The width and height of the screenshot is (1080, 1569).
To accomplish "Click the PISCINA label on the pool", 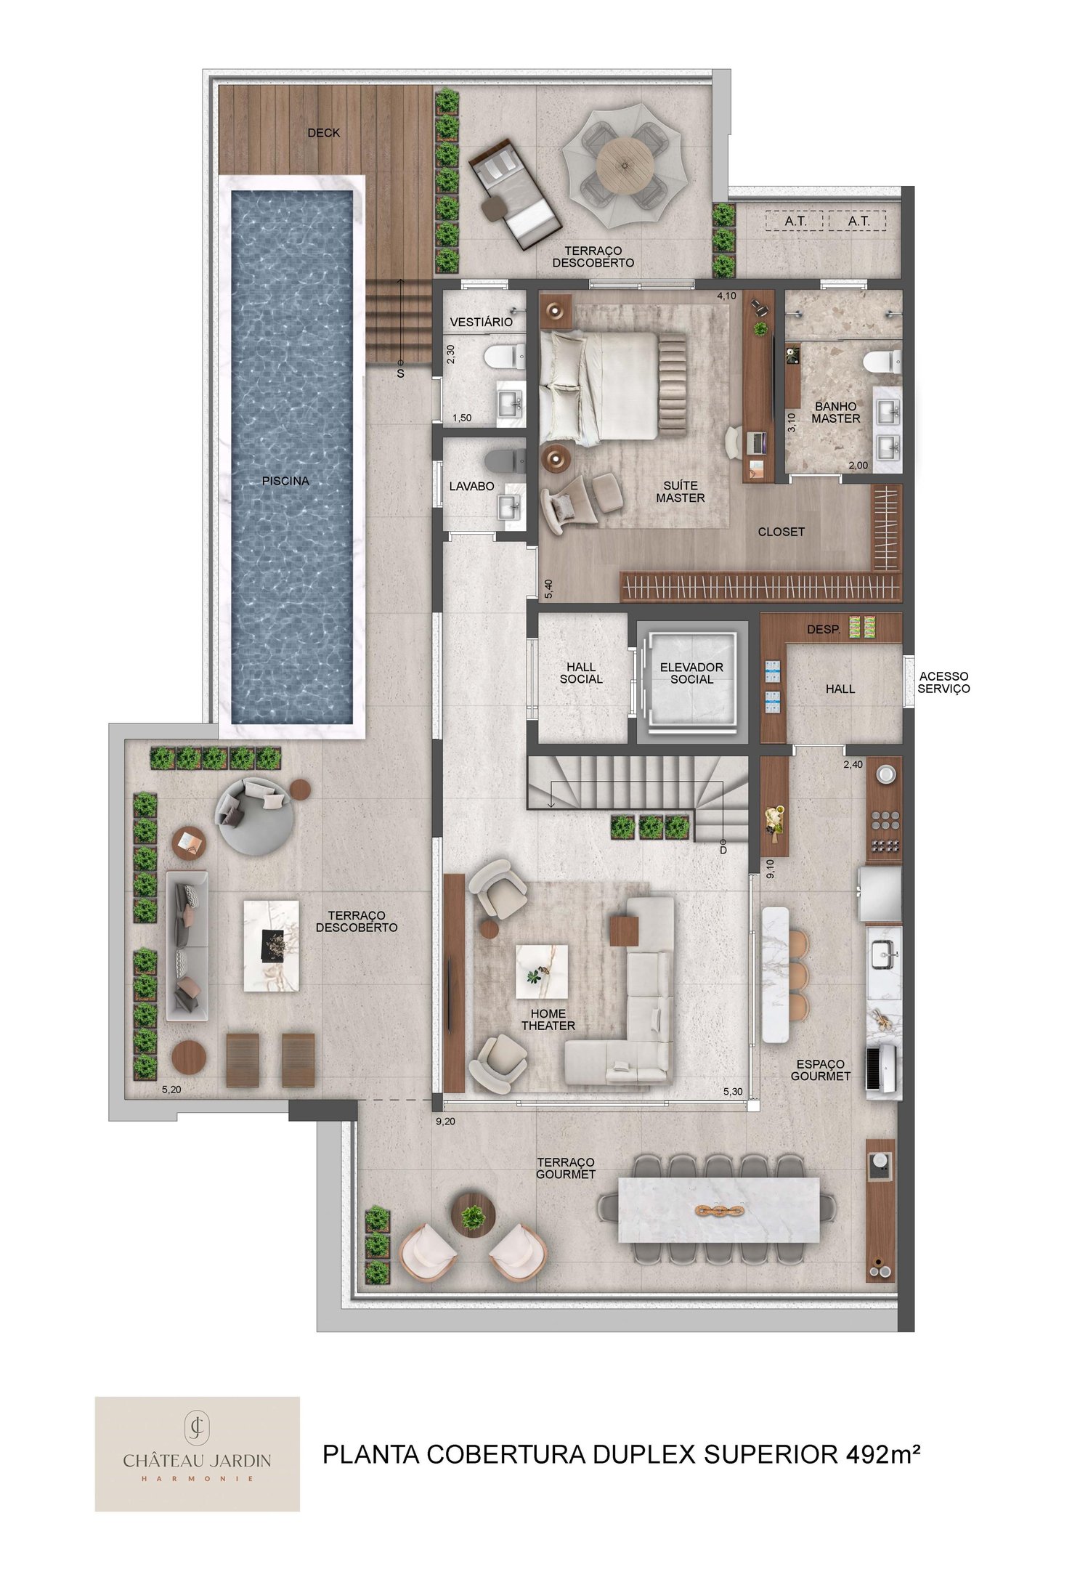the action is pos(285,481).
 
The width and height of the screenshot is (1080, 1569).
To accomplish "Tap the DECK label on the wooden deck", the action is pos(323,133).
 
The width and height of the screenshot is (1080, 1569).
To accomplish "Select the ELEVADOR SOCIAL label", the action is pos(691,673).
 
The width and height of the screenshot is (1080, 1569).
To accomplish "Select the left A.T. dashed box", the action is pos(795,221).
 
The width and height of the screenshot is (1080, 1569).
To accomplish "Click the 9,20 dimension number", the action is pos(445,1122).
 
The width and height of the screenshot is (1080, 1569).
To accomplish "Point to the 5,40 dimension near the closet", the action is pos(548,588).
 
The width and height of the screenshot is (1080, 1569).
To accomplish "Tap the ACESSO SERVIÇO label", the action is pos(943,682).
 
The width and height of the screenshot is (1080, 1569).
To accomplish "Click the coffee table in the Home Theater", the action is pos(542,971).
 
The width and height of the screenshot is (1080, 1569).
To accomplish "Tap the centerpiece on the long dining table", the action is pos(719,1211).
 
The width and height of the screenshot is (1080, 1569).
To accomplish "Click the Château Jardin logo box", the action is pos(197,1454).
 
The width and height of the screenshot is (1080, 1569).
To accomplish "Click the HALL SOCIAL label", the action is pos(581,673).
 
